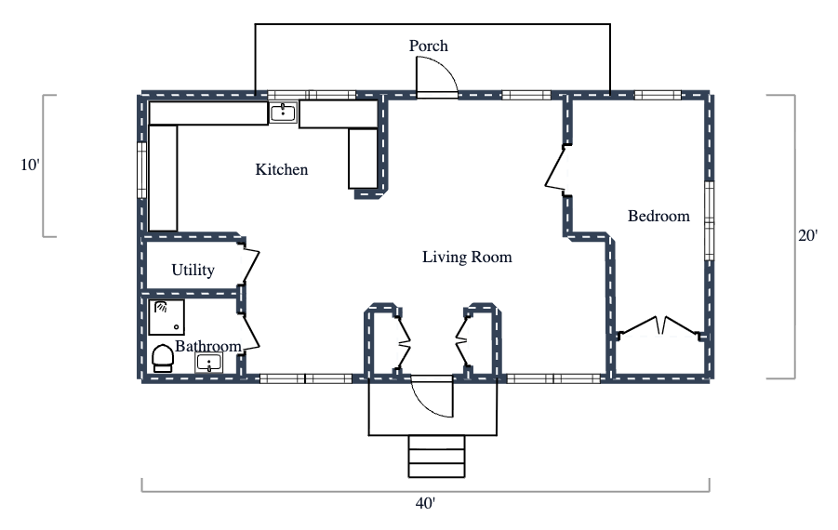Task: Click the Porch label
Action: [x=429, y=46]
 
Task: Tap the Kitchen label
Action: [x=281, y=169]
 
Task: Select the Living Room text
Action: [x=467, y=257]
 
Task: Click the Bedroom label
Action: [x=658, y=216]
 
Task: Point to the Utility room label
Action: [x=193, y=271]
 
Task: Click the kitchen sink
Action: [x=283, y=113]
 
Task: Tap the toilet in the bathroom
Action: [x=163, y=358]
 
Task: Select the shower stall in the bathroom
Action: [x=167, y=316]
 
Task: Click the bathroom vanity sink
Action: [x=209, y=363]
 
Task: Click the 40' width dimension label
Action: [x=425, y=503]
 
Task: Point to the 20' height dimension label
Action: [x=807, y=236]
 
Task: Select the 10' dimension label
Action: [x=30, y=166]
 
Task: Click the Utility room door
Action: [x=249, y=264]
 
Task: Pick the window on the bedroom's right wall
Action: [x=708, y=221]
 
